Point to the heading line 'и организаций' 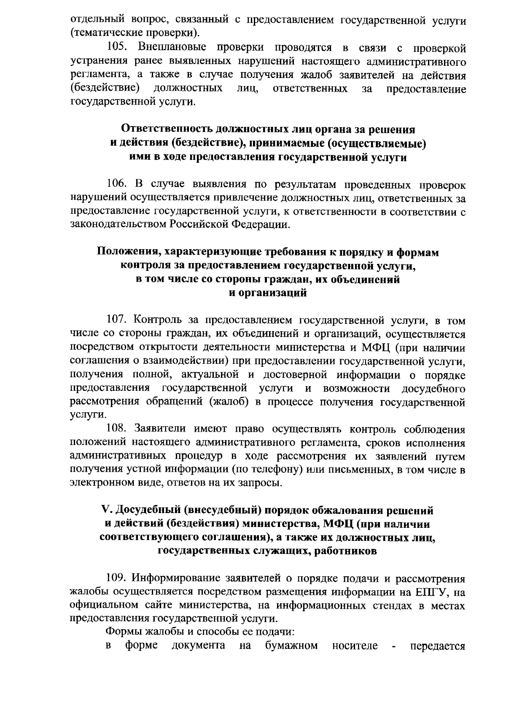point(267,293)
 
